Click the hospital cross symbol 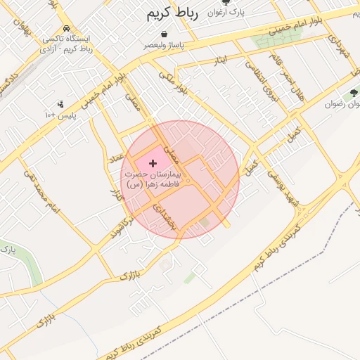pos(153,162)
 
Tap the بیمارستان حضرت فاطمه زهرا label pos(153,178)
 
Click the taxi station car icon pos(66,28)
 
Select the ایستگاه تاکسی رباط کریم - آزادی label pos(67,44)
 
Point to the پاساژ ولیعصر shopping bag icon pos(164,34)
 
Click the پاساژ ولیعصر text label pos(164,45)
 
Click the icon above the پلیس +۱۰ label pos(60,103)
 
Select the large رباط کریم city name pos(173,13)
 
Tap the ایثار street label pos(222,61)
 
